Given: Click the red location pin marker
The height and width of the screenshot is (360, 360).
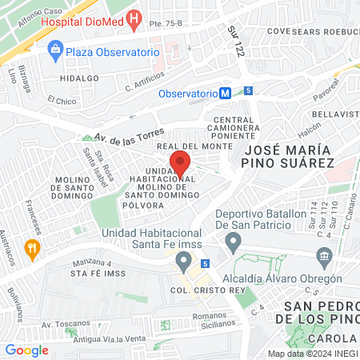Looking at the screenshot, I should pos(180,162).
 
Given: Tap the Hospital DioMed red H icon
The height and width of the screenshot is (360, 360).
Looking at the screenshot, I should pos(134,18).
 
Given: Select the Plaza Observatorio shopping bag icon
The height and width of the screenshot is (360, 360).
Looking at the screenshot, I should pos(55,51).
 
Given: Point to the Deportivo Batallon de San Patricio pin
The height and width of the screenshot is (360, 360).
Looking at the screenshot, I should pos(233,241).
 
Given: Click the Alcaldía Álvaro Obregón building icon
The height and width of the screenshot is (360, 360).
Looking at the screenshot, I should pos(324,257).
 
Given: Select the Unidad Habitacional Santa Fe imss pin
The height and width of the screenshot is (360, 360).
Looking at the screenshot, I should pos(184,260).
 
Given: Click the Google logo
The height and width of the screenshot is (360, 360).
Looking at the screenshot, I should pos(26,350).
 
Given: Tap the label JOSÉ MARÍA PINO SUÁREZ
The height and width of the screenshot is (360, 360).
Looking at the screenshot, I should pos(288,156).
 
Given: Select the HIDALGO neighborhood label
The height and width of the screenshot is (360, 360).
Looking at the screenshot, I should pos(80,78).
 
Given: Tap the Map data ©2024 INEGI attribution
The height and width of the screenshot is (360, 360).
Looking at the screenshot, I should pos(313,353).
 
